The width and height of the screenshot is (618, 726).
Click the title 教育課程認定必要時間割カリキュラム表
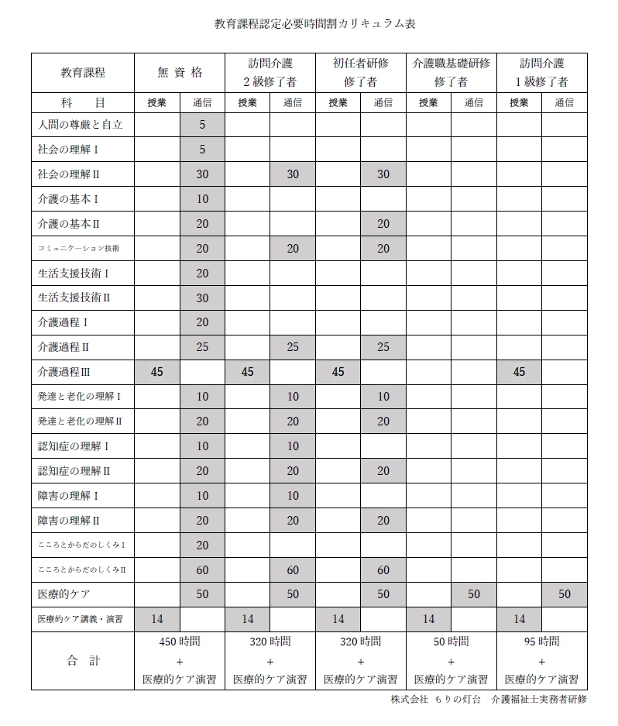[314, 24]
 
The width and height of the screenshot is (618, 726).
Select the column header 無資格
[180, 73]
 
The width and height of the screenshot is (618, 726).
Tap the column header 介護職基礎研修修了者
[451, 73]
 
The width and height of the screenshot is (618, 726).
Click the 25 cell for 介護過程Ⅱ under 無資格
[202, 347]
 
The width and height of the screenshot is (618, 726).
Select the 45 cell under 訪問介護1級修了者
[519, 372]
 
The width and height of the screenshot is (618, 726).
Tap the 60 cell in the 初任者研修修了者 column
[383, 570]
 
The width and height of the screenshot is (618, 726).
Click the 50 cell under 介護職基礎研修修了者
[474, 594]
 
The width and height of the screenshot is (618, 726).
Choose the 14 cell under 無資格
[157, 619]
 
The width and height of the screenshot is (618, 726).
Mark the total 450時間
[179, 642]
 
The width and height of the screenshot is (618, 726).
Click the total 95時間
[541, 642]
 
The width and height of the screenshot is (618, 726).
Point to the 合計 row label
[82, 661]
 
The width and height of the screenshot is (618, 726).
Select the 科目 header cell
[82, 102]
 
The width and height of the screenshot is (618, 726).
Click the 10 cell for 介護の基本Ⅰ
[202, 199]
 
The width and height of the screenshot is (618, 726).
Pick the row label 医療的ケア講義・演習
[80, 619]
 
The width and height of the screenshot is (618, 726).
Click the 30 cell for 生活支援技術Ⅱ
[202, 298]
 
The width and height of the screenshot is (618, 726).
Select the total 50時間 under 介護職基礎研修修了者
[451, 642]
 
